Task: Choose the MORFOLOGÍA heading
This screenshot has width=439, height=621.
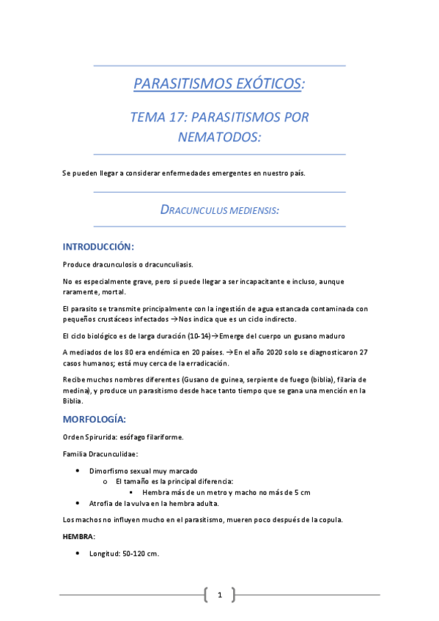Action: tap(94, 419)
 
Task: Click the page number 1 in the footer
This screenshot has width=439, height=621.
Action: tap(219, 595)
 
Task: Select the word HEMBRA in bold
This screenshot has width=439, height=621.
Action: tap(78, 536)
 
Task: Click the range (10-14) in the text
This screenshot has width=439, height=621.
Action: tap(197, 335)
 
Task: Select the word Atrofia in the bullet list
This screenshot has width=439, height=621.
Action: tap(101, 503)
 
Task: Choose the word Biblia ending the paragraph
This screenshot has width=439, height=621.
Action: tap(74, 401)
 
